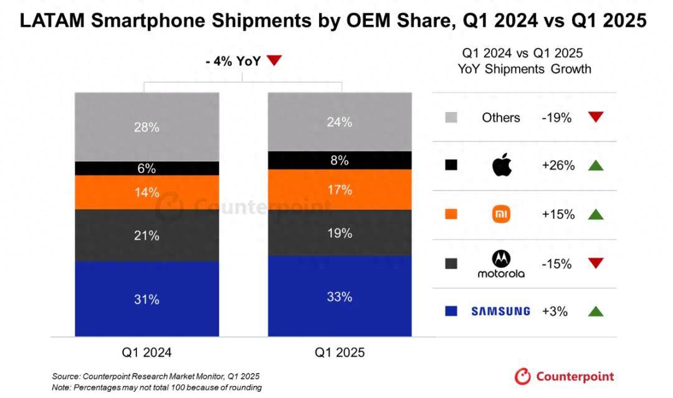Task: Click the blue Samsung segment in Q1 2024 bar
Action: click(147, 299)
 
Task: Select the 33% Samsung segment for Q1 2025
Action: click(340, 296)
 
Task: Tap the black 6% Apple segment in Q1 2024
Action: click(147, 168)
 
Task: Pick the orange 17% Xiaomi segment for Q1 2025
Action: click(340, 189)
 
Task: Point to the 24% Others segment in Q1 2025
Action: click(340, 122)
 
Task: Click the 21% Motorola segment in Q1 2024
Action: click(147, 235)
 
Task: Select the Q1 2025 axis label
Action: click(340, 353)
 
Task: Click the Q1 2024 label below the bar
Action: click(147, 353)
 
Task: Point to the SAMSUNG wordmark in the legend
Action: click(500, 311)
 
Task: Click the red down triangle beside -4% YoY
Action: click(274, 60)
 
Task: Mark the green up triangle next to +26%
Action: click(596, 166)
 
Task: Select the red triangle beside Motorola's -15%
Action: click(596, 263)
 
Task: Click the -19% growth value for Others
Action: click(556, 117)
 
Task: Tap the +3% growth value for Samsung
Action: click(555, 311)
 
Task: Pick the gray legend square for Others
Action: click(451, 117)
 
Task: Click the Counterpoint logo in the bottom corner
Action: click(564, 376)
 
